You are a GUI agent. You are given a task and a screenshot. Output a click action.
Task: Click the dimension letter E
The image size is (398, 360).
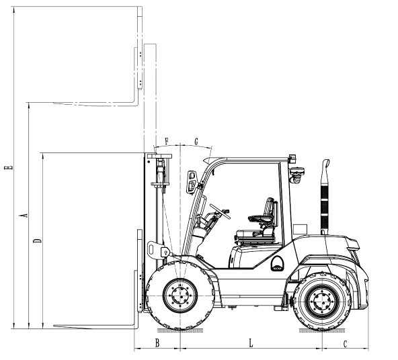tap(8, 168)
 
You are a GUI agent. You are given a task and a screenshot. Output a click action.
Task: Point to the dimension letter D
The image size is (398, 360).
tap(38, 240)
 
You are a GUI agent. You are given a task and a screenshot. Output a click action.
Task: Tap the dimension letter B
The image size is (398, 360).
tap(157, 343)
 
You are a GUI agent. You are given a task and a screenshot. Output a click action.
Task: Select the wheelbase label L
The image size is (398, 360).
tap(251, 343)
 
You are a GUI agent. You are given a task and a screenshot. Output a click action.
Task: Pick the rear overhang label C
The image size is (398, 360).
tap(345, 344)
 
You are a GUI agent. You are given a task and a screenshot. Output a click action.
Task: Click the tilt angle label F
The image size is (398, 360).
tap(167, 141)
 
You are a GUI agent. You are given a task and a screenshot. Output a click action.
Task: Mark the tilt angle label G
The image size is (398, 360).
tap(196, 142)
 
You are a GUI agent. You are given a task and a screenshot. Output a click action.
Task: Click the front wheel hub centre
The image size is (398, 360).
tap(180, 296)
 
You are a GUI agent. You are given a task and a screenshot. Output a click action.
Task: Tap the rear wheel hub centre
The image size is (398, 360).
tap(323, 301)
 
